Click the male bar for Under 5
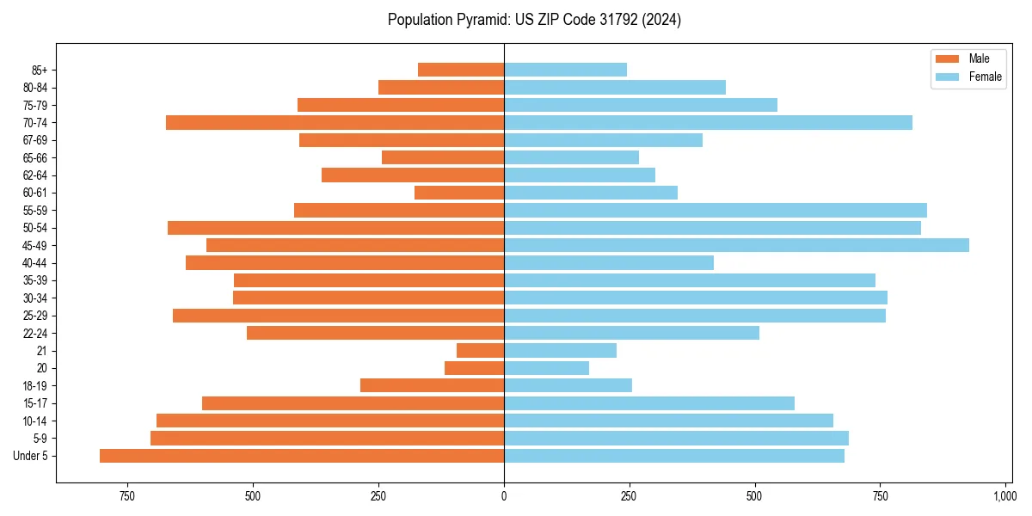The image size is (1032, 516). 301,456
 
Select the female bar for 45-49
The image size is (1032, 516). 736,245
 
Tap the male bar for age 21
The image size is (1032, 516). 480,351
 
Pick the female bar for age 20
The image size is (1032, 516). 546,368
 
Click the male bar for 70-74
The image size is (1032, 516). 335,122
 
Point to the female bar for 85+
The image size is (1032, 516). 565,70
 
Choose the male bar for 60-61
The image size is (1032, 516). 458,193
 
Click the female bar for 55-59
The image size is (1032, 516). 715,210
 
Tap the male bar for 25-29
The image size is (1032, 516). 338,316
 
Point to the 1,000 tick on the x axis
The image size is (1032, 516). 1004,496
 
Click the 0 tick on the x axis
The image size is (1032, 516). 504,496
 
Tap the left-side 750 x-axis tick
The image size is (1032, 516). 127,496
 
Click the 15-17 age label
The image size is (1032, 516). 35,403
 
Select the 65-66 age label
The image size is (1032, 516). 35,157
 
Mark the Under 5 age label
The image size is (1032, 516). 31,456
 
